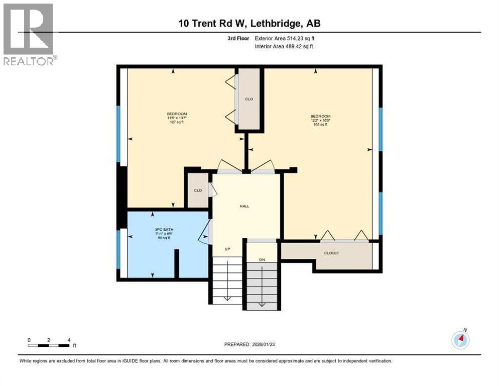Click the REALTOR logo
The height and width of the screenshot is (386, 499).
28,34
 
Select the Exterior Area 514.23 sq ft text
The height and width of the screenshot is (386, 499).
285,38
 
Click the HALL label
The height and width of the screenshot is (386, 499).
244,206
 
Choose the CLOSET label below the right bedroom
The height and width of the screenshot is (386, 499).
331,253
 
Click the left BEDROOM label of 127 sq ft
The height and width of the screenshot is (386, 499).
177,118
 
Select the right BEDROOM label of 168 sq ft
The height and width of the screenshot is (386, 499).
320,120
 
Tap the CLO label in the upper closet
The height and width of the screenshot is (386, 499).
249,99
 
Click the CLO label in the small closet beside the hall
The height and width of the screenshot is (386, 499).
198,190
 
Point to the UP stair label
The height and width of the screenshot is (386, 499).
227,249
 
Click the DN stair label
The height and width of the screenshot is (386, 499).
262,259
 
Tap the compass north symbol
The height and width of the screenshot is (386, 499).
460,340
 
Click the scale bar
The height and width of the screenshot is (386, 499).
49,345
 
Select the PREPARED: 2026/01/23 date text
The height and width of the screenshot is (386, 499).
250,344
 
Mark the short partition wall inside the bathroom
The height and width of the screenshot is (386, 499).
176,263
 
